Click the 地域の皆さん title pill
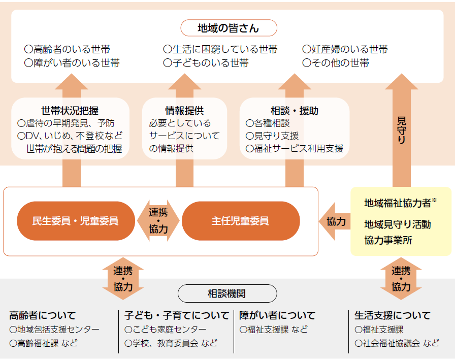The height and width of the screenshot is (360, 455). tap(228, 28)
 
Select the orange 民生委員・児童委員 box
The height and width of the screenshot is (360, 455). tap(75, 221)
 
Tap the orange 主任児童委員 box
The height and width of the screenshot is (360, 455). tap(240, 221)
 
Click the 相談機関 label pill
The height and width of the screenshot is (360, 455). tap(227, 293)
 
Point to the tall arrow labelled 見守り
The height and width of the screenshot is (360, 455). tap(401, 130)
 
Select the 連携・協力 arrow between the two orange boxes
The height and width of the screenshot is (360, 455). tap(158, 221)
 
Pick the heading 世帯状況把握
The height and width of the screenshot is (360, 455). tap(70, 111)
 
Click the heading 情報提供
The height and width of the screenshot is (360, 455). tap(185, 111)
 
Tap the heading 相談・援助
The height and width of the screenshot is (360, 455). tap(295, 111)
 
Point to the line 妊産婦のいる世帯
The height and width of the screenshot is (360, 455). tap(345, 49)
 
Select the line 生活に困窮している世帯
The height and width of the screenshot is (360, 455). tap(220, 49)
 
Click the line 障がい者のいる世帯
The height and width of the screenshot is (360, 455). tap(72, 63)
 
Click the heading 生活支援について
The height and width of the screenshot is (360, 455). tap(393, 315)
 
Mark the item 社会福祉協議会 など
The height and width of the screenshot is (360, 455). tap(397, 343)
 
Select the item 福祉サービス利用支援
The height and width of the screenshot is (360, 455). tap(295, 149)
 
